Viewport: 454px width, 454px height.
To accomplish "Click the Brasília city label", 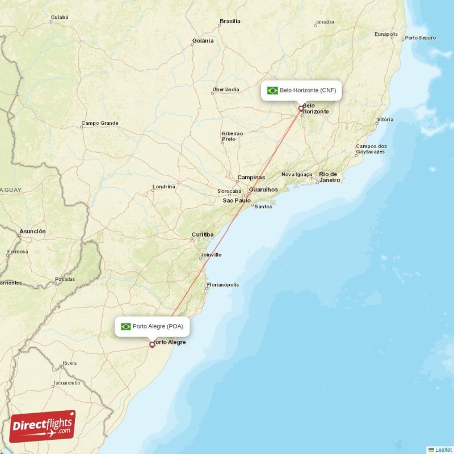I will pyautogui.click(x=230, y=22).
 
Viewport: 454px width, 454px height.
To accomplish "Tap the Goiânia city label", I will pyautogui.click(x=203, y=41).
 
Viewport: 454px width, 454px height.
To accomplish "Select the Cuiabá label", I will pyautogui.click(x=59, y=18).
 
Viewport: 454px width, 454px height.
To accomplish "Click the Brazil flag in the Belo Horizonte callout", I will pyautogui.click(x=272, y=90).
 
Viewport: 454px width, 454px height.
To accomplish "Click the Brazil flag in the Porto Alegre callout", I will pyautogui.click(x=126, y=326).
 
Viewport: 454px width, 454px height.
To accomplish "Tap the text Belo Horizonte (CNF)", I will pyautogui.click(x=308, y=90).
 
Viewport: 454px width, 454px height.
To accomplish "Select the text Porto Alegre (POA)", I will pyautogui.click(x=158, y=326).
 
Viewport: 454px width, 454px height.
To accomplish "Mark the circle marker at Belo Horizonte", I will pyautogui.click(x=301, y=108).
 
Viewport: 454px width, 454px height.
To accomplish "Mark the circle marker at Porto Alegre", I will pyautogui.click(x=152, y=344).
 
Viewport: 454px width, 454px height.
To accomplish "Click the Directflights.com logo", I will pyautogui.click(x=43, y=426).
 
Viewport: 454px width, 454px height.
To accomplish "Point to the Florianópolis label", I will pyautogui.click(x=223, y=285).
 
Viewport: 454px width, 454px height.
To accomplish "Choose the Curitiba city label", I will pyautogui.click(x=203, y=234).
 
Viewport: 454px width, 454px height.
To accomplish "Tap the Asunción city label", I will pyautogui.click(x=32, y=232).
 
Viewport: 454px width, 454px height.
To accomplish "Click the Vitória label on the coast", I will pyautogui.click(x=385, y=120).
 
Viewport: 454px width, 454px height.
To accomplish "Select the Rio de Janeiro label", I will pyautogui.click(x=329, y=177).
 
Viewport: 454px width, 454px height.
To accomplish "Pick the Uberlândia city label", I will pyautogui.click(x=225, y=90).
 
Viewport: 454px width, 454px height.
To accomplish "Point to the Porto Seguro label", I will pyautogui.click(x=421, y=38).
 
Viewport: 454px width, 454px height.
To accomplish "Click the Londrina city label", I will pyautogui.click(x=164, y=187).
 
